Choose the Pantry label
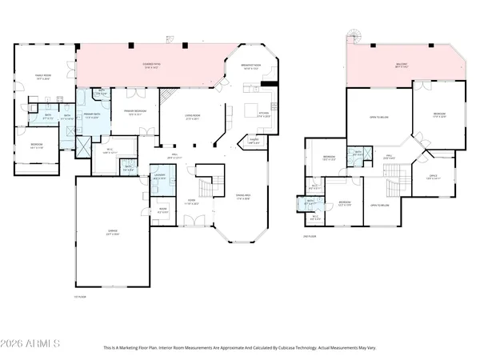(254, 141)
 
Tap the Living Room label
(192, 118)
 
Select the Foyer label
(192, 201)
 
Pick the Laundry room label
(160, 177)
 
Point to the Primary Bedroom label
(133, 112)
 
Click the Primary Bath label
(90, 116)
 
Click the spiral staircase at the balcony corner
(350, 35)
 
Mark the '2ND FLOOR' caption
(310, 236)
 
